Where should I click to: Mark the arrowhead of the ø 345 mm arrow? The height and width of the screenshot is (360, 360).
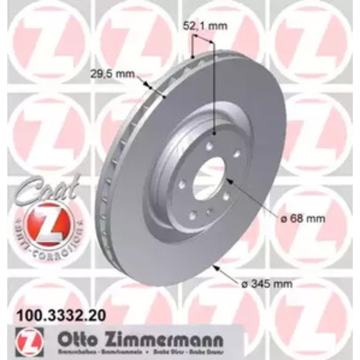pos(214,266)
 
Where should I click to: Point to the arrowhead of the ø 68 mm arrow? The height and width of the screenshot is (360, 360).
pos(227,180)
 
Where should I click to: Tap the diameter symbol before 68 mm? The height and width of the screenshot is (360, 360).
pos(283,219)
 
